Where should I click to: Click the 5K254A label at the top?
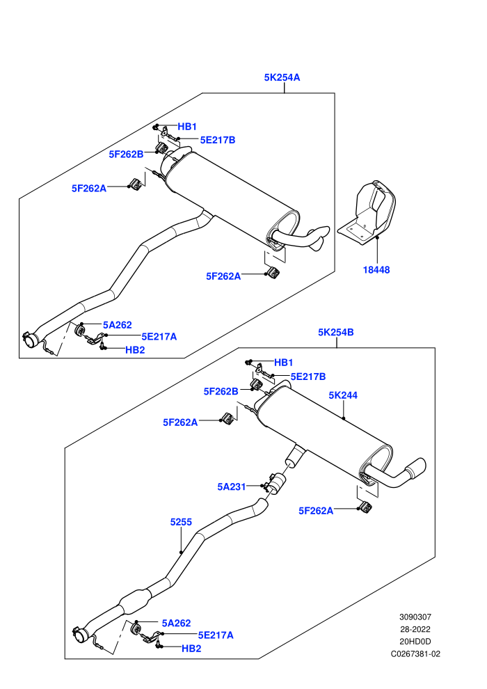click(x=282, y=77)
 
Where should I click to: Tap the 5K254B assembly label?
click(x=336, y=332)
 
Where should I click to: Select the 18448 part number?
click(x=376, y=270)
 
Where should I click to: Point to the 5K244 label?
click(x=343, y=395)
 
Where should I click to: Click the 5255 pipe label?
click(x=181, y=522)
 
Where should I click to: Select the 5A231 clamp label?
click(x=232, y=487)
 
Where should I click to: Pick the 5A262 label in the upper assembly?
click(x=118, y=325)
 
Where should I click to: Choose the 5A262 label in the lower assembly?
click(x=176, y=623)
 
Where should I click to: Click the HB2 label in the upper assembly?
click(x=135, y=350)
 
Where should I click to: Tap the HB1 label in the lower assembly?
click(x=283, y=363)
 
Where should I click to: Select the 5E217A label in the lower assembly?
click(x=216, y=635)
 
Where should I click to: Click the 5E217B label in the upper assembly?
click(x=217, y=140)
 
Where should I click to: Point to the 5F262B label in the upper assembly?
click(x=126, y=155)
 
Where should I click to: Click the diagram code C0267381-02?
click(x=415, y=654)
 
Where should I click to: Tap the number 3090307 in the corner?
click(x=415, y=617)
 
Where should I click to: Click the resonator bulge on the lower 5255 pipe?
click(x=135, y=599)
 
